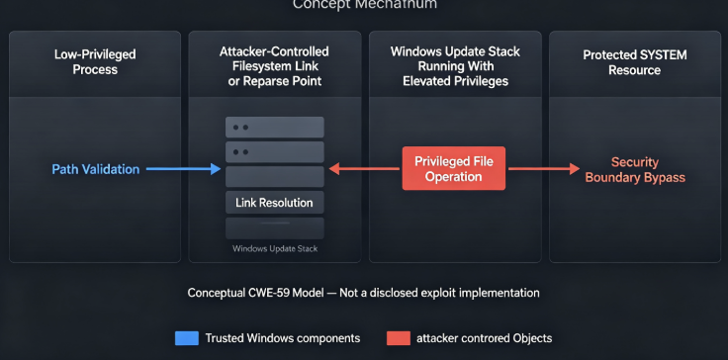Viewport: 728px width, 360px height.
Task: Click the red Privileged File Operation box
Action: pyautogui.click(x=454, y=168)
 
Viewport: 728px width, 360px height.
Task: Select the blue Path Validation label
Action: pyautogui.click(x=96, y=169)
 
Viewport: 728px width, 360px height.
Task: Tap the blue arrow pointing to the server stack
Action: pyautogui.click(x=183, y=169)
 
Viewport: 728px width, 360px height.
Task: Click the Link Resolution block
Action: pyautogui.click(x=274, y=203)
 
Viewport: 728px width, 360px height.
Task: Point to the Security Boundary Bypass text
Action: pyautogui.click(x=635, y=169)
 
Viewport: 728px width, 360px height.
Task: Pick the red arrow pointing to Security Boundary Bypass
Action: pyautogui.click(x=544, y=168)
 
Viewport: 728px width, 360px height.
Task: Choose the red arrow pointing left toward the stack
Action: pyautogui.click(x=364, y=168)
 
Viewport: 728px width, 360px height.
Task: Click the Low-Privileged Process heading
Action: pyautogui.click(x=95, y=61)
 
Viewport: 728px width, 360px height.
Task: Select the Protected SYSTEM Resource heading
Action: pyautogui.click(x=635, y=62)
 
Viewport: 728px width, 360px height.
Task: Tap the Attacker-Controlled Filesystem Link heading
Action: pyautogui.click(x=274, y=65)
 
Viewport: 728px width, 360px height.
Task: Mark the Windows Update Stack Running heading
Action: pyautogui.click(x=455, y=66)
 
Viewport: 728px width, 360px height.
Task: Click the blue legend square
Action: pyautogui.click(x=187, y=338)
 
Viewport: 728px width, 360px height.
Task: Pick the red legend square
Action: pyautogui.click(x=399, y=338)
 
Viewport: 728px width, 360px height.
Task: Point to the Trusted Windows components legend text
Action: pyautogui.click(x=283, y=338)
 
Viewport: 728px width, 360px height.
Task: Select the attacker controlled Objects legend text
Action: pyautogui.click(x=485, y=338)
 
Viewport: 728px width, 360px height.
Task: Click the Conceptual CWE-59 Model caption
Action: pyautogui.click(x=364, y=293)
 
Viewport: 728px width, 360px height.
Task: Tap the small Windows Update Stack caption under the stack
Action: pyautogui.click(x=275, y=248)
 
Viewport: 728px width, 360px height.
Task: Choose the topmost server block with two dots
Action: pyautogui.click(x=274, y=128)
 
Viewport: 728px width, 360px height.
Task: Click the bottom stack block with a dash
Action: pyautogui.click(x=274, y=228)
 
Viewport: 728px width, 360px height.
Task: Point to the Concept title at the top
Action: pyautogui.click(x=364, y=5)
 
